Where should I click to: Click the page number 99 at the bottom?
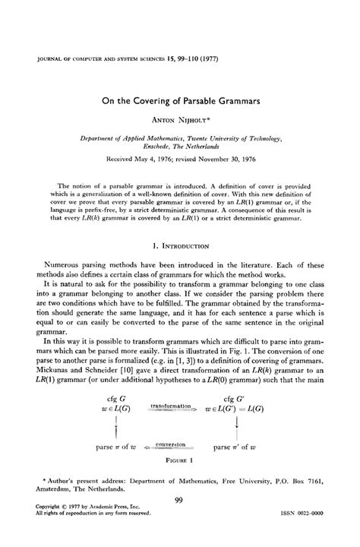(x=180, y=500)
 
